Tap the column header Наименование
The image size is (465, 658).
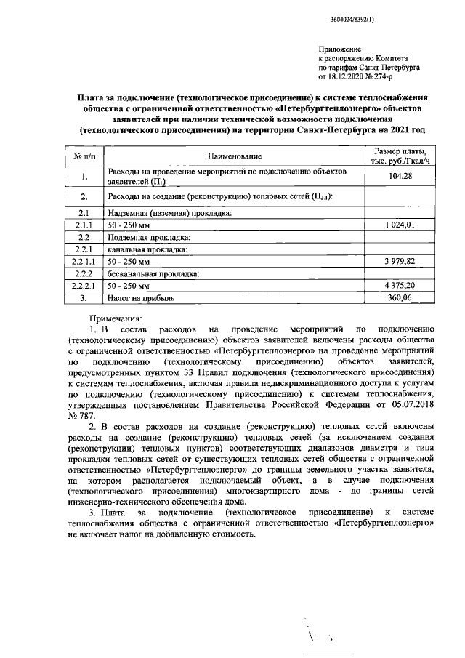click(233, 156)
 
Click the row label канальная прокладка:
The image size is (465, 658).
click(142, 249)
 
